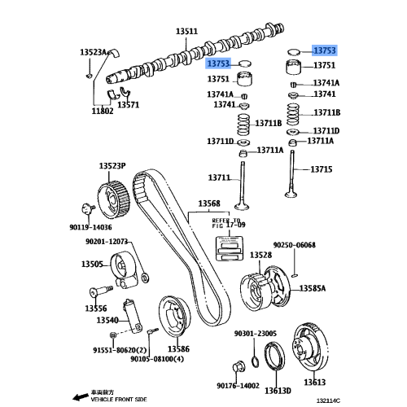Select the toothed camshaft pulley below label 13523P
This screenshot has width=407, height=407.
110,196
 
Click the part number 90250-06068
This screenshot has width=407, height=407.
294,245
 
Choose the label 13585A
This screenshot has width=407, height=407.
313,288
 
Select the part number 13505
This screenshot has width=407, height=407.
91,264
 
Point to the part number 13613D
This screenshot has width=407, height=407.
277,390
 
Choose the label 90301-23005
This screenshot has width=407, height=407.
256,334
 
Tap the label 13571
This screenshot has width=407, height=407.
128,104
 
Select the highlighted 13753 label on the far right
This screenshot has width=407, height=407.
325,50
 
